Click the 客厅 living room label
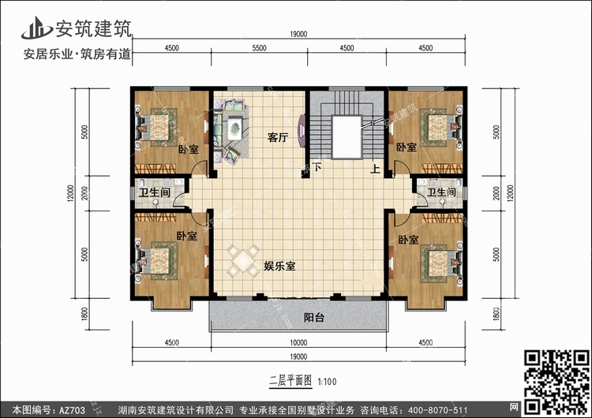tap(278, 137)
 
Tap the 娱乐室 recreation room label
tap(279, 266)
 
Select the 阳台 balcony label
tap(314, 317)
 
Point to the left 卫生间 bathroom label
tap(155, 192)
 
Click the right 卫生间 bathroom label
tap(441, 192)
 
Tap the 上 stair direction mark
tap(375, 169)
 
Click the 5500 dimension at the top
tap(259, 48)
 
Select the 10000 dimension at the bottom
tap(298, 342)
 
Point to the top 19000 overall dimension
tap(298, 34)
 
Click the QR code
tap(556, 383)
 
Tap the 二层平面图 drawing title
tap(290, 382)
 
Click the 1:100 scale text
tap(327, 382)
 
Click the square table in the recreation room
tap(243, 261)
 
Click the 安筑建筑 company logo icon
tap(36, 28)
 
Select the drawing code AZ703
tap(72, 410)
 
